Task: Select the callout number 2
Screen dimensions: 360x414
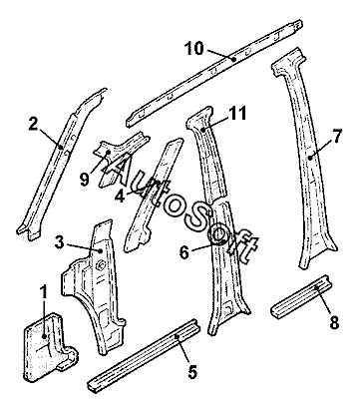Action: pos(34,125)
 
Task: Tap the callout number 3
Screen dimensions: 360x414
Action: pos(59,242)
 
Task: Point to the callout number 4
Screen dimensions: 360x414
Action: pos(120,196)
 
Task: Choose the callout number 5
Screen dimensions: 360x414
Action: pos(192,371)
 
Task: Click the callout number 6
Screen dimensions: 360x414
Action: pos(184,252)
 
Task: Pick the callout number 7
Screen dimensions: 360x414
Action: pos(337,137)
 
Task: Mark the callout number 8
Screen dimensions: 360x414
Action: pos(334,321)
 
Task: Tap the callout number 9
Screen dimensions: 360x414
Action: pos(85,180)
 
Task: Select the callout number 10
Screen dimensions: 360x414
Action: pos(193,49)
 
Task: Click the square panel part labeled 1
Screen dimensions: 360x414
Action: pos(50,346)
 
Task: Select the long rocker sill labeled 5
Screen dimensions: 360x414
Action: pos(145,356)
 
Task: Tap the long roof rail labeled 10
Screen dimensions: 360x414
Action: pos(214,73)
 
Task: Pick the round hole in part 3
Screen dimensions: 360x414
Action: pos(101,265)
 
